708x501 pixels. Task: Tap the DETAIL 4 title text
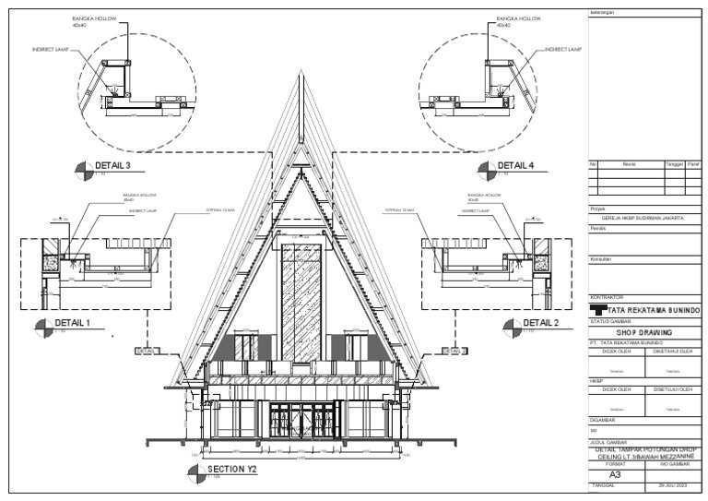(x=516, y=166)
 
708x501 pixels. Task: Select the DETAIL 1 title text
(x=74, y=323)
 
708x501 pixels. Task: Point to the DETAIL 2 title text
(x=541, y=322)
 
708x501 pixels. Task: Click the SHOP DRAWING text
(x=643, y=332)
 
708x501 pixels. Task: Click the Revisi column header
(x=630, y=163)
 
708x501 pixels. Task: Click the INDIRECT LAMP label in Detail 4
(x=562, y=49)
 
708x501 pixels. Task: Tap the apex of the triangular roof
(x=301, y=71)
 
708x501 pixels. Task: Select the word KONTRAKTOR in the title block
(x=607, y=296)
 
